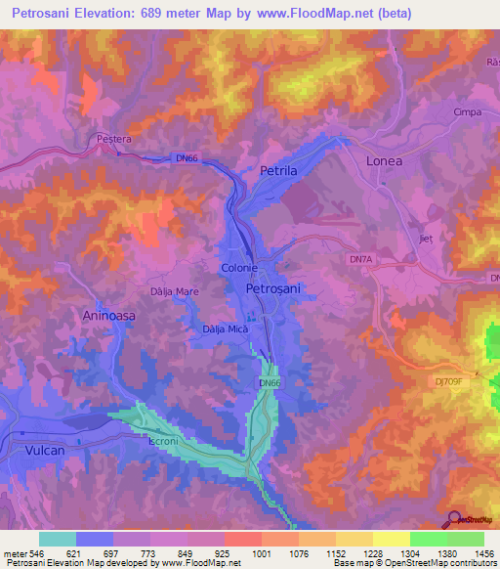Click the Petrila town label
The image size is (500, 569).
tap(278, 170)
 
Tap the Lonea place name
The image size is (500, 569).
tap(383, 160)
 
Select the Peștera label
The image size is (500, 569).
tap(113, 140)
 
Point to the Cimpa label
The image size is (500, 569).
tap(469, 112)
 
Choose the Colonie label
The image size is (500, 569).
tap(238, 267)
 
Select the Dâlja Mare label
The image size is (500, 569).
tap(175, 290)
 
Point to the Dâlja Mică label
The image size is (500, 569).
tap(226, 329)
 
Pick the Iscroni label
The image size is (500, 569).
tap(163, 442)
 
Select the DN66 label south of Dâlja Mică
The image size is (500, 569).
tap(271, 383)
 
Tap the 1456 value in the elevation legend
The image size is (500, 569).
tap(482, 552)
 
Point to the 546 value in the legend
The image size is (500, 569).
tap(37, 552)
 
